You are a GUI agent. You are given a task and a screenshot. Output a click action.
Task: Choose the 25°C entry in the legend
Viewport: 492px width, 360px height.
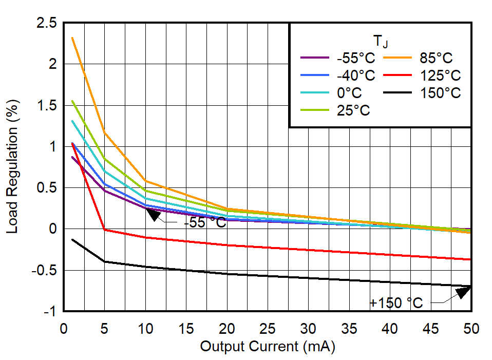coord(353,110)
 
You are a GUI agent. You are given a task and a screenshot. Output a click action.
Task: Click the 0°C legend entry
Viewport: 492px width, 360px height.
coord(349,93)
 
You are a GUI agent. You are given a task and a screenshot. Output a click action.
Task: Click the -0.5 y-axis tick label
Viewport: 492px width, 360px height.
coord(43,271)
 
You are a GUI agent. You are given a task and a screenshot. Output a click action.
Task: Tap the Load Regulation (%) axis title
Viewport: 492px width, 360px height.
coord(12,167)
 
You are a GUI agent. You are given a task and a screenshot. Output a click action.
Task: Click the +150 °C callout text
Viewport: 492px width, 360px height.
coord(396,303)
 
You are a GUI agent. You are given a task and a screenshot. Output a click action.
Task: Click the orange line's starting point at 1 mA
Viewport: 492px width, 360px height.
coord(72,38)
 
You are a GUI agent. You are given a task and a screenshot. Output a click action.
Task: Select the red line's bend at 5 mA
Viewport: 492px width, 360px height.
coord(105,230)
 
